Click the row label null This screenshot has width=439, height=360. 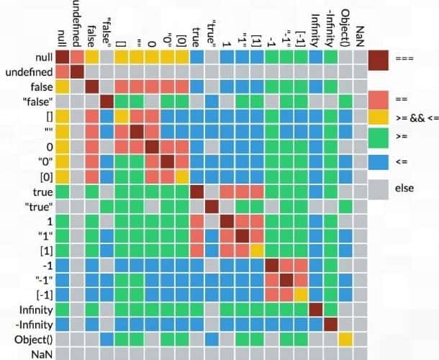coord(39,57)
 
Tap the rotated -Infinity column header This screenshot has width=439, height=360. coord(330,25)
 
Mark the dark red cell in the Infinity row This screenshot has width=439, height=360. coord(315,310)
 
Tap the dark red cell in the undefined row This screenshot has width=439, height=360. coord(76,72)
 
